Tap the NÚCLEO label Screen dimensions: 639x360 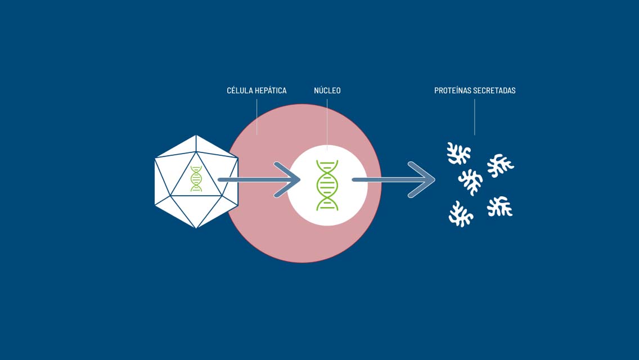[327, 91]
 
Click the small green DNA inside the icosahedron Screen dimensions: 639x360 [196, 178]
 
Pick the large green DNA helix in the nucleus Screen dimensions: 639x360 [327, 186]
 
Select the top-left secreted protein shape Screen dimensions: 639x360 [458, 154]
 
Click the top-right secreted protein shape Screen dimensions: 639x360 [501, 165]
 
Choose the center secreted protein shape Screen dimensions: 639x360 [471, 182]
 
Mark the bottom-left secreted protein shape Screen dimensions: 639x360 [461, 214]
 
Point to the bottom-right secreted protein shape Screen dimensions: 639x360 [499, 206]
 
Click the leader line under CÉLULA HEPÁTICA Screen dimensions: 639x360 [256, 116]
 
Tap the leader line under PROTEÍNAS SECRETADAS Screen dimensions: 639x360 [474, 117]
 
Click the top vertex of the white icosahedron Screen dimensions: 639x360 [196, 136]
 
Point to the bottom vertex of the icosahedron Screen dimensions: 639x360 [196, 227]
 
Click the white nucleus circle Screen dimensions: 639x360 [301, 204]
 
